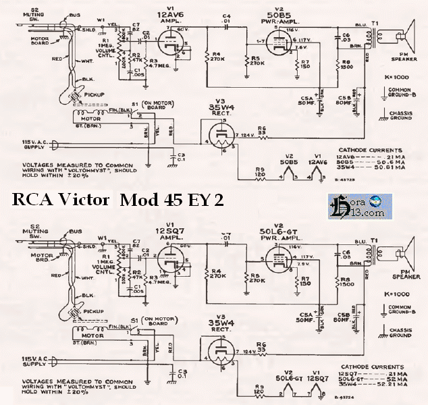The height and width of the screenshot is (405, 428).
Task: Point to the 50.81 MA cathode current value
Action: click(395, 167)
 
